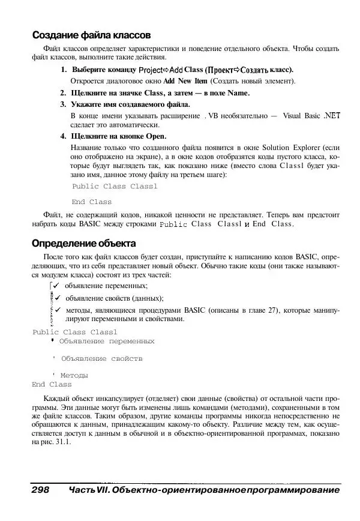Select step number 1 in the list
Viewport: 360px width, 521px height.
click(x=64, y=70)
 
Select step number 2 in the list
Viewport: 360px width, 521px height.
click(x=63, y=92)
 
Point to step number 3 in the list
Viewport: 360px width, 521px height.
click(x=63, y=104)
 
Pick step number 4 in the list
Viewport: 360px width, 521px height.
click(x=63, y=136)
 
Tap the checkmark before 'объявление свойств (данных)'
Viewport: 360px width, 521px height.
click(x=58, y=298)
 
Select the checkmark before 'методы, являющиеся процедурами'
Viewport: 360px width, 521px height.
click(x=58, y=310)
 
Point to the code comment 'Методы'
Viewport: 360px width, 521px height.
click(x=74, y=375)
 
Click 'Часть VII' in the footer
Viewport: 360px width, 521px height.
click(x=89, y=490)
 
